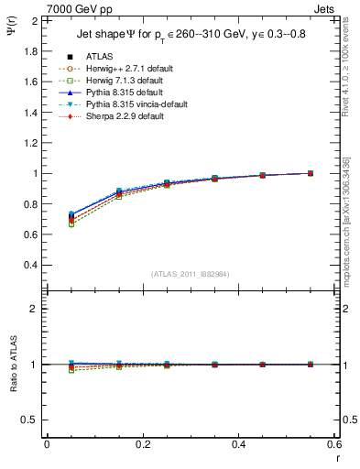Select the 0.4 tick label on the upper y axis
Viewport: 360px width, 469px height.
29,265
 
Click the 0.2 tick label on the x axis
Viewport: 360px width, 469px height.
142,445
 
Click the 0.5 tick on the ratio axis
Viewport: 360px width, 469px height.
29,420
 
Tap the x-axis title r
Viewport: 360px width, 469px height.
337,459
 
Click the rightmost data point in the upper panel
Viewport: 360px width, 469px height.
311,173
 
